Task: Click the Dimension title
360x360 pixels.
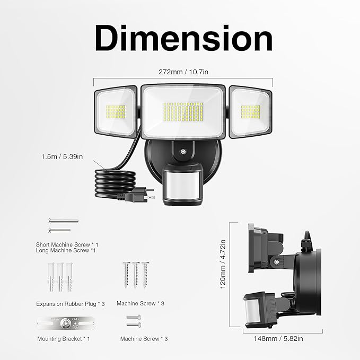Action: pyautogui.click(x=183, y=38)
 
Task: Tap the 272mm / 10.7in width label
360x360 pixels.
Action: pyautogui.click(x=183, y=72)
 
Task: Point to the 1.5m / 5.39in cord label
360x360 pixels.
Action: pyautogui.click(x=62, y=156)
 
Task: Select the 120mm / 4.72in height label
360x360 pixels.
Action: pyautogui.click(x=223, y=264)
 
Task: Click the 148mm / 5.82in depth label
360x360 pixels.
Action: pyautogui.click(x=278, y=338)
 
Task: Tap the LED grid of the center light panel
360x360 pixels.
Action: pyautogui.click(x=183, y=112)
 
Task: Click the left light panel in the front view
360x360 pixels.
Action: pyautogui.click(x=116, y=112)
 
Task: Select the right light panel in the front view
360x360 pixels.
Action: pyautogui.click(x=250, y=112)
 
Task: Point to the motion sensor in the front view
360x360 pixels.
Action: pyautogui.click(x=182, y=183)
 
